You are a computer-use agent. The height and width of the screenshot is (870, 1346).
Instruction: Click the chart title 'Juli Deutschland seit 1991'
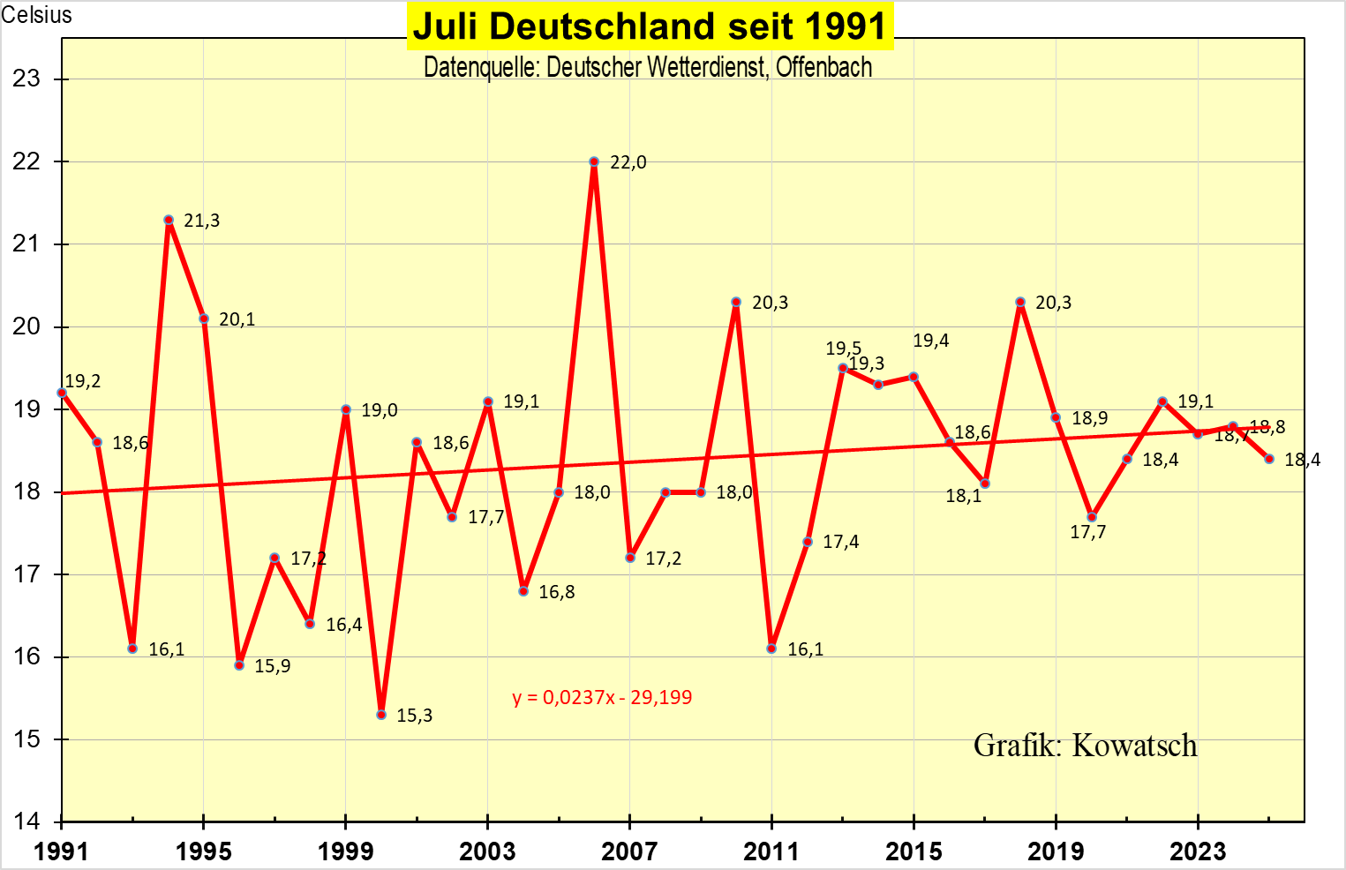[650, 26]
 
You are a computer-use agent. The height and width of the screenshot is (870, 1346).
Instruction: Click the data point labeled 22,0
[594, 162]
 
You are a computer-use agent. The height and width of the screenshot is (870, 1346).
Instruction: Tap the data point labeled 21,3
[169, 220]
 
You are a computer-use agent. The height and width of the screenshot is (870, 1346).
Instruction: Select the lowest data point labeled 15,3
[381, 715]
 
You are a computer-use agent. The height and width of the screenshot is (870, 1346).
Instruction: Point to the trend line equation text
[602, 697]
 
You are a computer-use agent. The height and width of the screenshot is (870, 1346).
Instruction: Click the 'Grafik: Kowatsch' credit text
[1085, 746]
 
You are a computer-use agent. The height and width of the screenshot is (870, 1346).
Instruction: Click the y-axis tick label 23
[27, 79]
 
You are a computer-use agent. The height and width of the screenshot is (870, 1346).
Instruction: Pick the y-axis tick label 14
[27, 821]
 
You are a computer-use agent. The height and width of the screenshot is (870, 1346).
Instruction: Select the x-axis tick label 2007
[629, 851]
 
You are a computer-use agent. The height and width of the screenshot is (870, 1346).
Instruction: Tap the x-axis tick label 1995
[204, 851]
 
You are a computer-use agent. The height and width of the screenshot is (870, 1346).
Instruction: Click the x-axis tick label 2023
[1198, 851]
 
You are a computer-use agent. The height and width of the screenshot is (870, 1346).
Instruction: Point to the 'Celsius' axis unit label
[36, 15]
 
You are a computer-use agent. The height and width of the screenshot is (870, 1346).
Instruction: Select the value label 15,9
[273, 666]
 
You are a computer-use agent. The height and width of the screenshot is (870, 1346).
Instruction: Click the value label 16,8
[557, 592]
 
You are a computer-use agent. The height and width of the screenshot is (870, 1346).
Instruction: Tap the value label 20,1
[237, 319]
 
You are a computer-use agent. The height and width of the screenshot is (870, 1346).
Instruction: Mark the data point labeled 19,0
[346, 409]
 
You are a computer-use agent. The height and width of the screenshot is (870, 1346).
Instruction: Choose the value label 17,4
[841, 542]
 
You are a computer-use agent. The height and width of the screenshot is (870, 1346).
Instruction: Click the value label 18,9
[1090, 418]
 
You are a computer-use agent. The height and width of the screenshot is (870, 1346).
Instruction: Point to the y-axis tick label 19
[27, 409]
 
